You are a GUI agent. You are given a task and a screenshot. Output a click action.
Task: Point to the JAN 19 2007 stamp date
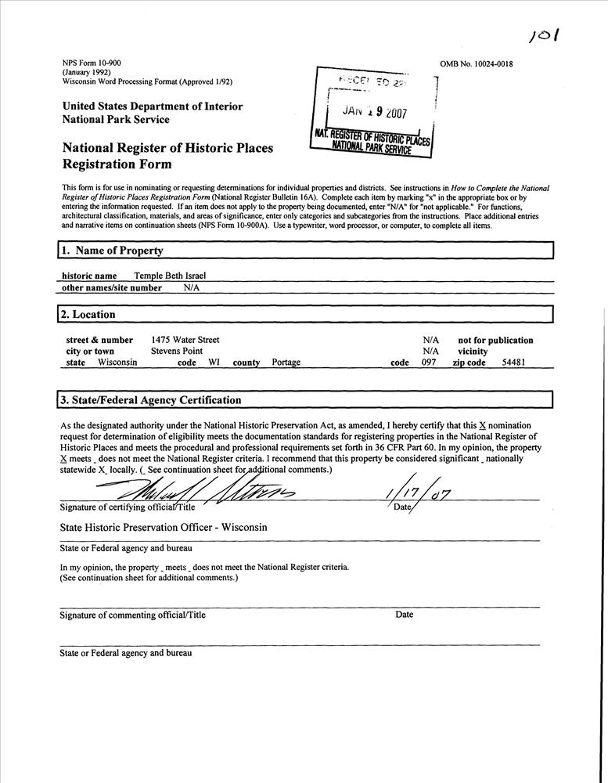[x=376, y=112]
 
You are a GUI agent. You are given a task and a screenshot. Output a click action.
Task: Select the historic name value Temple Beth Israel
[x=170, y=276]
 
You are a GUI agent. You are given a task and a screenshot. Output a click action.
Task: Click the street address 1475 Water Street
[x=185, y=340]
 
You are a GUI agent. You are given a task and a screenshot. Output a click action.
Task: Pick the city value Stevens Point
[x=177, y=352]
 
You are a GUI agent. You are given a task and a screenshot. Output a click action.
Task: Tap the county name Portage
[x=286, y=363]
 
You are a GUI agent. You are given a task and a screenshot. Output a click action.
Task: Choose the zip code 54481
[x=514, y=363]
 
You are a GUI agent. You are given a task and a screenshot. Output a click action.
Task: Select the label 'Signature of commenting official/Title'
[x=133, y=615]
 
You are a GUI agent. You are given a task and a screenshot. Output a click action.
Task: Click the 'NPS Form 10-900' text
[x=92, y=63]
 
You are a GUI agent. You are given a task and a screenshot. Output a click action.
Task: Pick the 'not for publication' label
[x=495, y=341]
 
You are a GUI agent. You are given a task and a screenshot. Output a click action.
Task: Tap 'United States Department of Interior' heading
[x=152, y=106]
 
